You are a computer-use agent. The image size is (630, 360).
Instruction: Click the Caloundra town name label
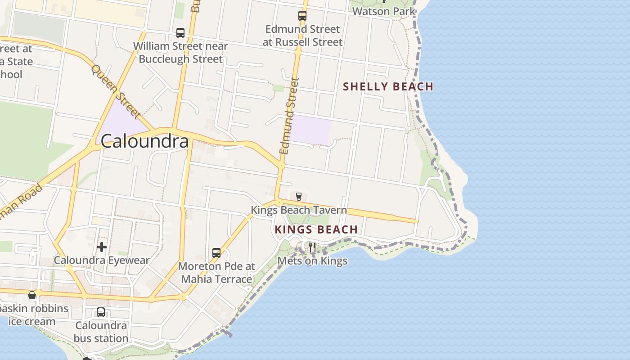(x=144, y=141)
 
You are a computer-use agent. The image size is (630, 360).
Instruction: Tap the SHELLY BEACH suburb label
(x=388, y=86)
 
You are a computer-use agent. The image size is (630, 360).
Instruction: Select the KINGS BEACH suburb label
(x=316, y=229)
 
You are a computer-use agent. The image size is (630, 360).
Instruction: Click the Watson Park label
(x=384, y=11)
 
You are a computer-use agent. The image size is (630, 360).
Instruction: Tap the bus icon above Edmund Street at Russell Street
(x=302, y=16)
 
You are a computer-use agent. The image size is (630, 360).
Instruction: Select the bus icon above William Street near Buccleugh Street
(x=180, y=33)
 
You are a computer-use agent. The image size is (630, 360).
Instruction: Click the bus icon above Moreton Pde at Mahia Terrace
(x=216, y=253)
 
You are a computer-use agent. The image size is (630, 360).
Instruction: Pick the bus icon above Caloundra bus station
(x=101, y=312)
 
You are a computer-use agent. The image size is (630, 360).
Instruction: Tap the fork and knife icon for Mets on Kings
(x=312, y=247)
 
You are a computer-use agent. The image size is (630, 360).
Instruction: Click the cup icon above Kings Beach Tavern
(x=298, y=196)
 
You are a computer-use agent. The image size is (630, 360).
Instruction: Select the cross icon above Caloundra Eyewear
(x=102, y=247)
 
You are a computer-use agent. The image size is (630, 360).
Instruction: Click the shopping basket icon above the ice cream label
(x=32, y=295)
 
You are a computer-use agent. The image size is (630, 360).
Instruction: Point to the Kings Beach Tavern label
(x=299, y=210)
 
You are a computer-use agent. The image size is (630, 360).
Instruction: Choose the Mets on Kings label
(x=312, y=261)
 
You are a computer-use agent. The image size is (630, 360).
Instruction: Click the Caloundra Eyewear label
(x=102, y=260)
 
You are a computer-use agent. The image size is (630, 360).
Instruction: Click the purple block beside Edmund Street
(x=310, y=130)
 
